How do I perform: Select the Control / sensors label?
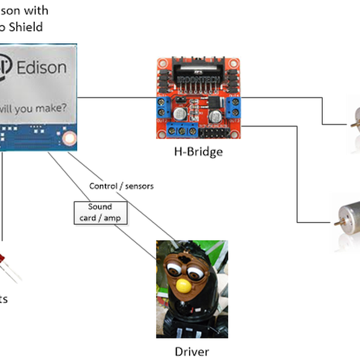pos(121,186)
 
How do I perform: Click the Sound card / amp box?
pos(100,212)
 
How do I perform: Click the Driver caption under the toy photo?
pos(192,351)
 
